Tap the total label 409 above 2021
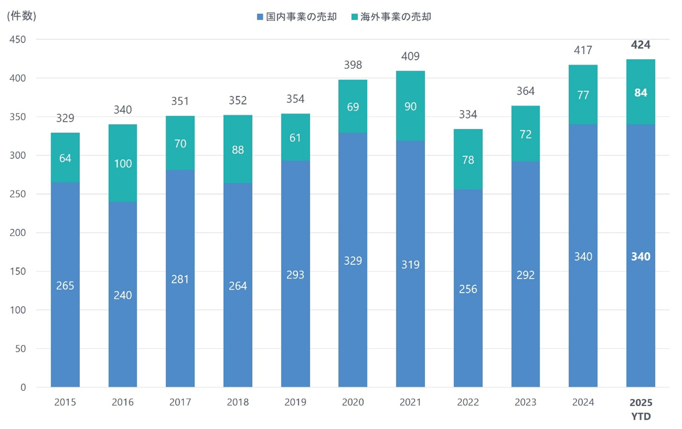pos(410,56)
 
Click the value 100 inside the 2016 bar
pos(122,164)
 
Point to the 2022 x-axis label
pos(468,402)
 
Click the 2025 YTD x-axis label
pos(641,409)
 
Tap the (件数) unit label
pos(22,16)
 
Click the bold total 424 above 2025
pos(641,45)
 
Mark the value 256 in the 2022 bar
pos(468,289)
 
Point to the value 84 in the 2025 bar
pos(641,93)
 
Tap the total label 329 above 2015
pos(65,117)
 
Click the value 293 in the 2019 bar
pos(295,274)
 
